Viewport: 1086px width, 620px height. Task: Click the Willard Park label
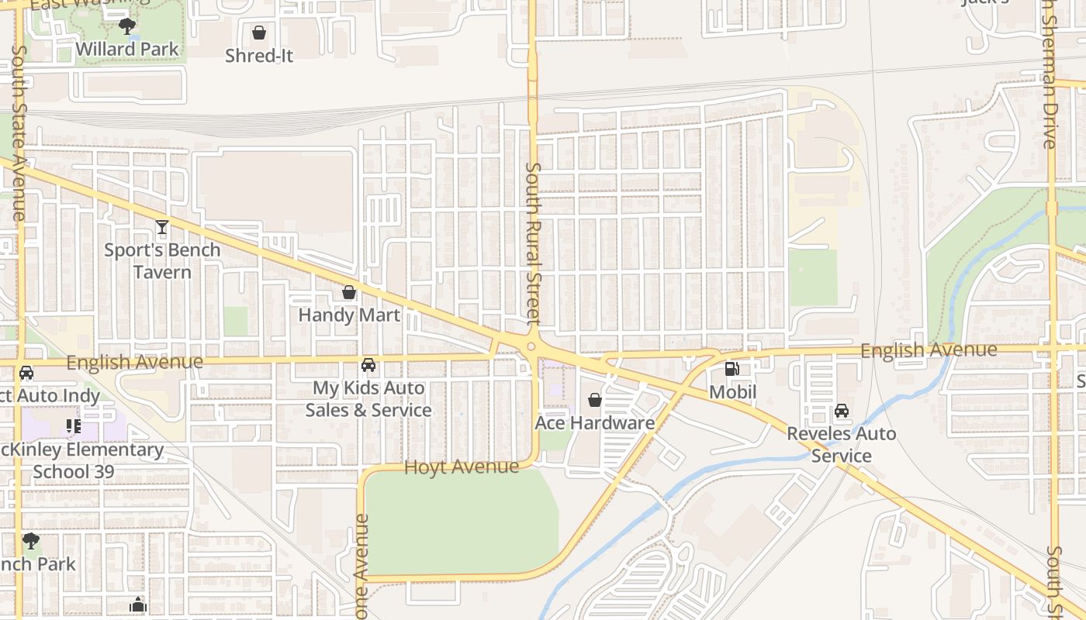tap(127, 50)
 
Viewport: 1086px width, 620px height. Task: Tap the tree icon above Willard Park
tap(127, 27)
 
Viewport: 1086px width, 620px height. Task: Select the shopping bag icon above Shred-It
tap(259, 33)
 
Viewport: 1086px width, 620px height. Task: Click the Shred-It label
tap(259, 56)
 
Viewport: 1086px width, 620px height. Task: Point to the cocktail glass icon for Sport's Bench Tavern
tap(161, 227)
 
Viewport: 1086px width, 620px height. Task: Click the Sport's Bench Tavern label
tap(162, 261)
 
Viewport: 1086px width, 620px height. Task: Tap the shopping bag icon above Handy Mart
tap(349, 292)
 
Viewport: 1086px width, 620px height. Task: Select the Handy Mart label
tap(349, 315)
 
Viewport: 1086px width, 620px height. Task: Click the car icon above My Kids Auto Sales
tap(368, 364)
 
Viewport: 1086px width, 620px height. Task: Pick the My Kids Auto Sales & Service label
tap(368, 399)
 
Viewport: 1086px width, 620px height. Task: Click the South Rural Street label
tap(533, 243)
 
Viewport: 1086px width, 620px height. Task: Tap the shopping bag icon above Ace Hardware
tap(595, 400)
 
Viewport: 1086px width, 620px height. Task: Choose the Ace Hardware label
tap(595, 423)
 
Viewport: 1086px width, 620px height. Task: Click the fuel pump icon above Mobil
tap(732, 369)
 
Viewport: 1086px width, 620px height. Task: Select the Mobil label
tap(732, 392)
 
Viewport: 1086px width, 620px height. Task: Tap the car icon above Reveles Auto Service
tap(842, 411)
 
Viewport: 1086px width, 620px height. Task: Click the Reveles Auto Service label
tap(842, 445)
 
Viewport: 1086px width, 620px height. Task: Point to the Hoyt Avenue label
tap(462, 467)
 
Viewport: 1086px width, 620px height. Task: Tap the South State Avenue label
tap(20, 132)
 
